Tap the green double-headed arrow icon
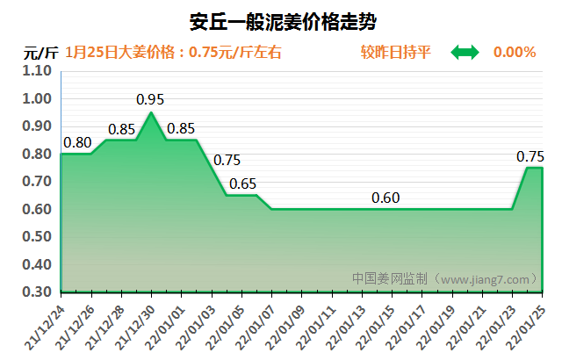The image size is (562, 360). coord(465,53)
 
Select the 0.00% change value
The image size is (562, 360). coord(515,53)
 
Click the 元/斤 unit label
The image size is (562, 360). coord(41,53)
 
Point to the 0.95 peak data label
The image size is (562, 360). coord(151,99)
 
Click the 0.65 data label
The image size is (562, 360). coord(242,184)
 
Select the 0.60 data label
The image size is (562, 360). coord(385,198)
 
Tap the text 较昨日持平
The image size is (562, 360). coord(395,53)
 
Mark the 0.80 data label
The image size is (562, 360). coord(77,142)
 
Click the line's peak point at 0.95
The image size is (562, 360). coord(151,112)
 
